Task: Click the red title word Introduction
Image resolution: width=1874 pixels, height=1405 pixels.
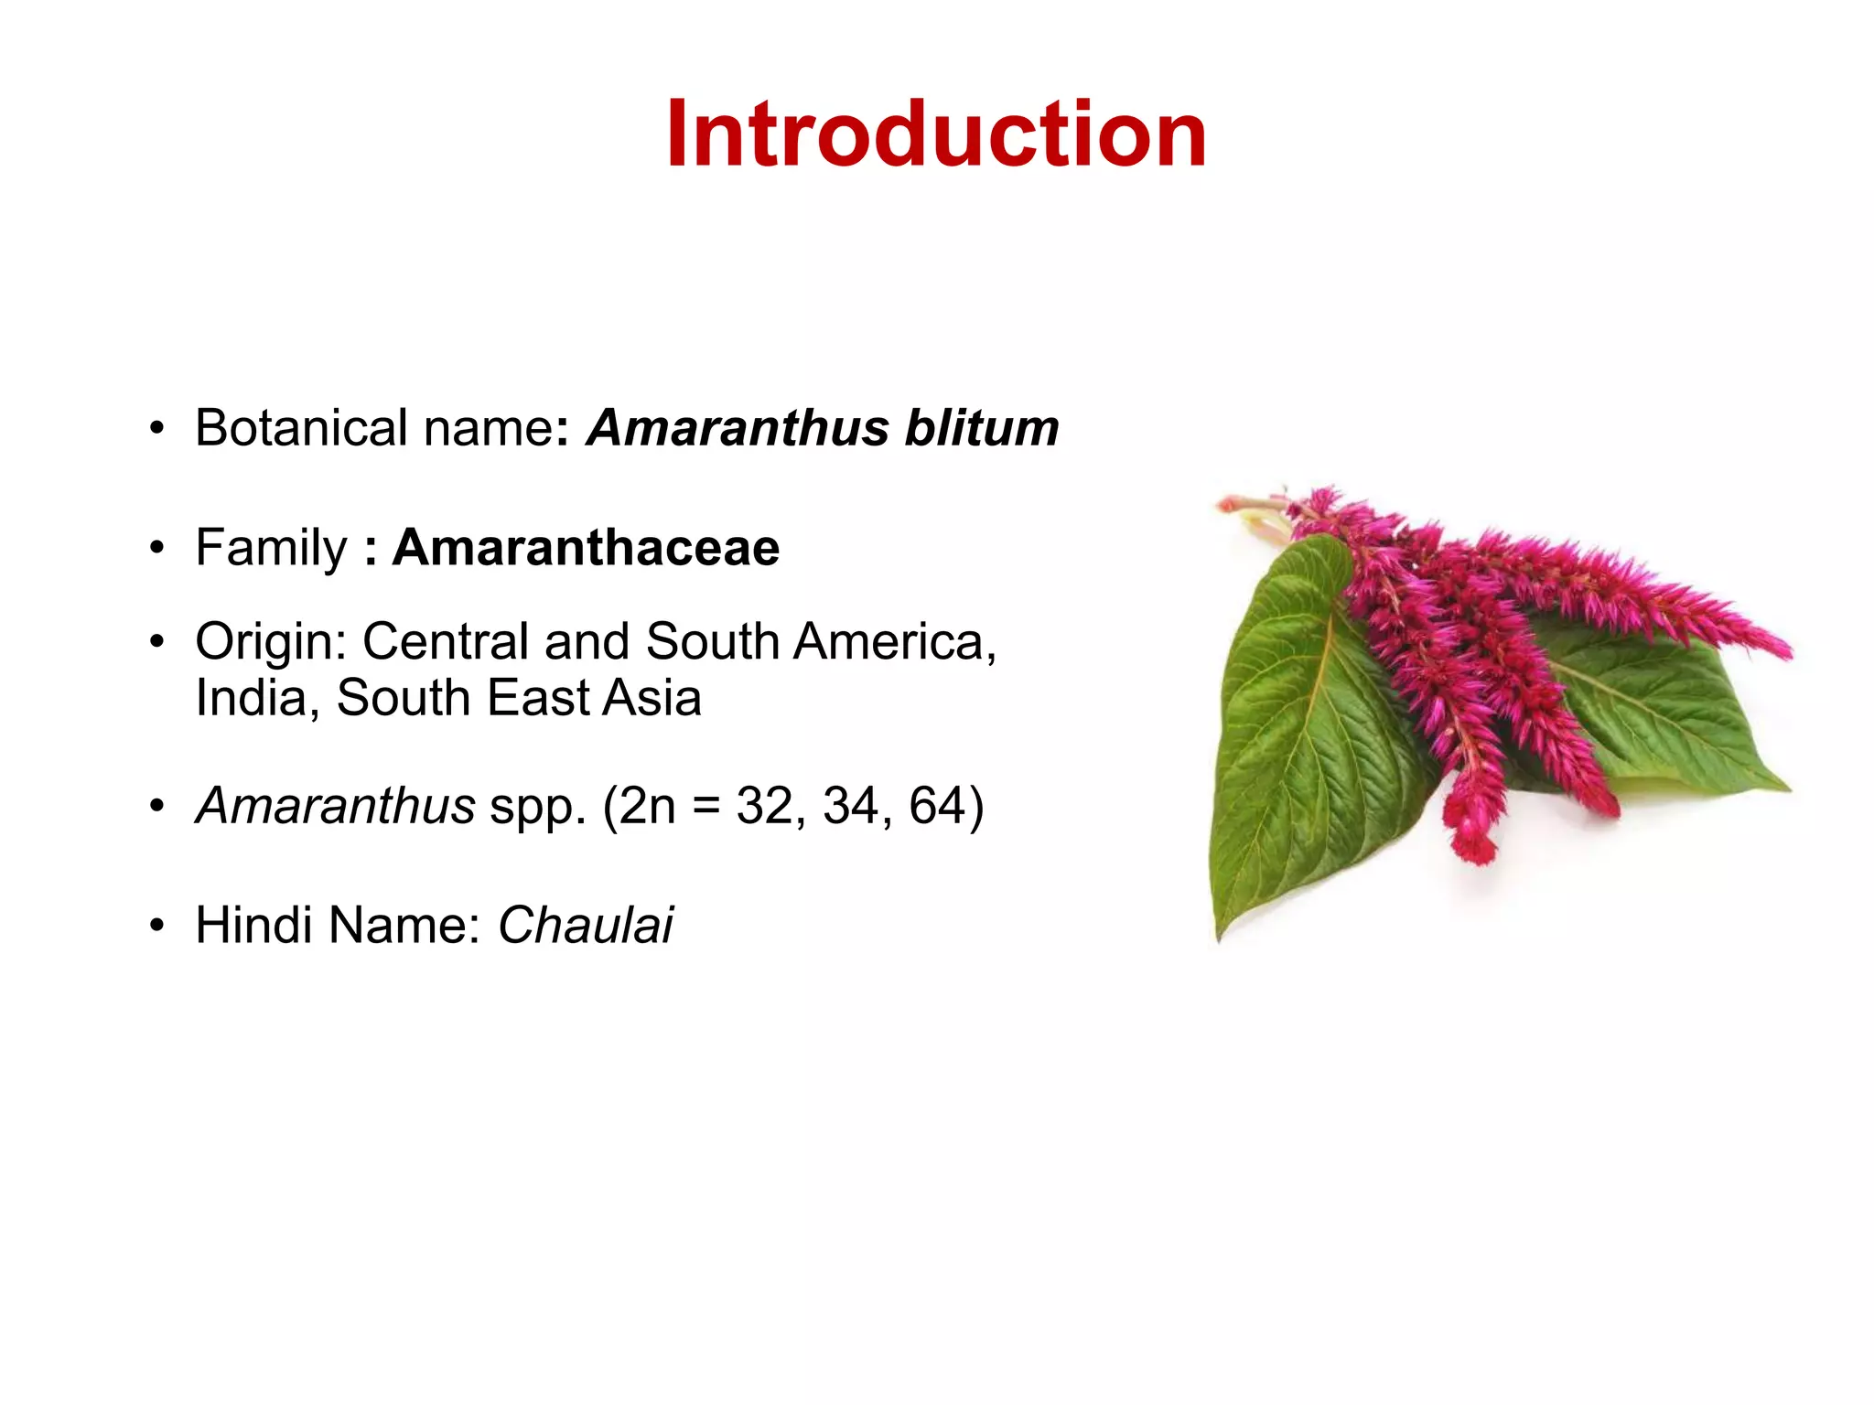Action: (x=936, y=134)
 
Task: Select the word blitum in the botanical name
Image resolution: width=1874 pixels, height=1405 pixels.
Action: (x=981, y=428)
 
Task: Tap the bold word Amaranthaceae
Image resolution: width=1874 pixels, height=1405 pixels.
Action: (x=586, y=547)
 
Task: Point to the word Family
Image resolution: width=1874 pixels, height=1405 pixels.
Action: (x=272, y=549)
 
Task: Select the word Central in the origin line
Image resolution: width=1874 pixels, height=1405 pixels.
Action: (x=446, y=641)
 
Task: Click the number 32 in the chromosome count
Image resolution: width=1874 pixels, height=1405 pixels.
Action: (x=765, y=806)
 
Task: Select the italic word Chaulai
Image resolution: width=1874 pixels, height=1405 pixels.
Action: (x=586, y=925)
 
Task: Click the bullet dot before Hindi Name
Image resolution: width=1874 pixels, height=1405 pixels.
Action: (x=157, y=926)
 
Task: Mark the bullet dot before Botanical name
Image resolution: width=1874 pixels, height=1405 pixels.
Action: (x=157, y=428)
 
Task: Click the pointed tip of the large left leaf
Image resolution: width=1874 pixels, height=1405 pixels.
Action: (x=1220, y=935)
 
